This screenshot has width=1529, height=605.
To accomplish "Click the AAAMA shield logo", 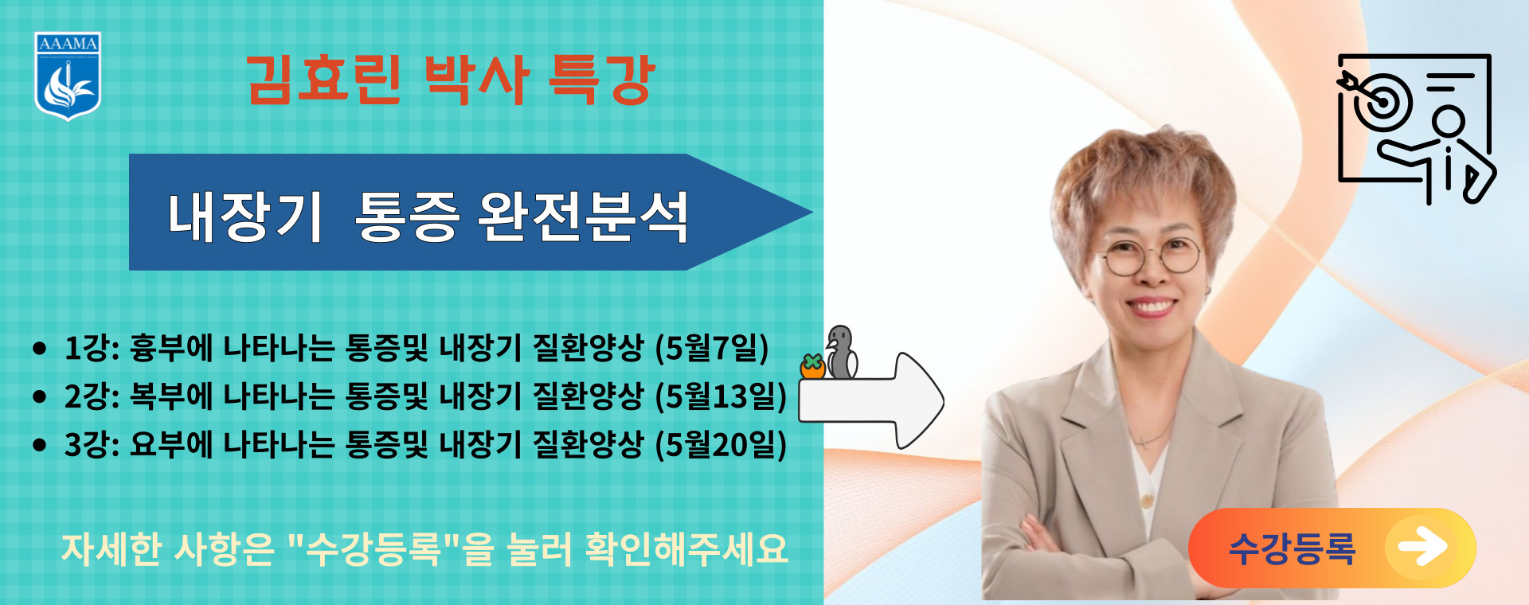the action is tap(68, 76).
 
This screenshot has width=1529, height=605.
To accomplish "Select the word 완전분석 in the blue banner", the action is tap(583, 217).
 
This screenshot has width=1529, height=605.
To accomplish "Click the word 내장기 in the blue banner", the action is tap(244, 217).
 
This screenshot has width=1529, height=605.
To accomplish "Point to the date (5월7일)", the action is tap(712, 348).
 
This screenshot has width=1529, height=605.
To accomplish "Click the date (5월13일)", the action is tap(721, 396).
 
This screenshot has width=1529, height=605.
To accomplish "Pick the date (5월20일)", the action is tap(721, 444).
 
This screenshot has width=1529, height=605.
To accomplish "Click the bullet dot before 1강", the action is tap(40, 349).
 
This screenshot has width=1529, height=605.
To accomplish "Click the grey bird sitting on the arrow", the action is tap(841, 352).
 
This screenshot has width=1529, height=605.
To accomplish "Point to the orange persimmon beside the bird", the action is tap(812, 366).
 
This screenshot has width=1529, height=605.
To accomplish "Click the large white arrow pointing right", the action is tap(871, 400).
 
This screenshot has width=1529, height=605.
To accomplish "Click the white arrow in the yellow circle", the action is tap(1423, 547).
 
